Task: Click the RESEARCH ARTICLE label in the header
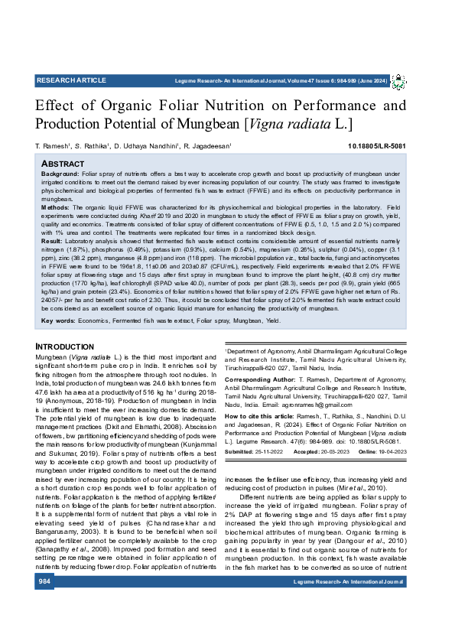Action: click(71, 80)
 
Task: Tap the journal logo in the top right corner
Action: click(398, 81)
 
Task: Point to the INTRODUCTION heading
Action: click(65, 347)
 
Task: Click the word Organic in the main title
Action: click(131, 106)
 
